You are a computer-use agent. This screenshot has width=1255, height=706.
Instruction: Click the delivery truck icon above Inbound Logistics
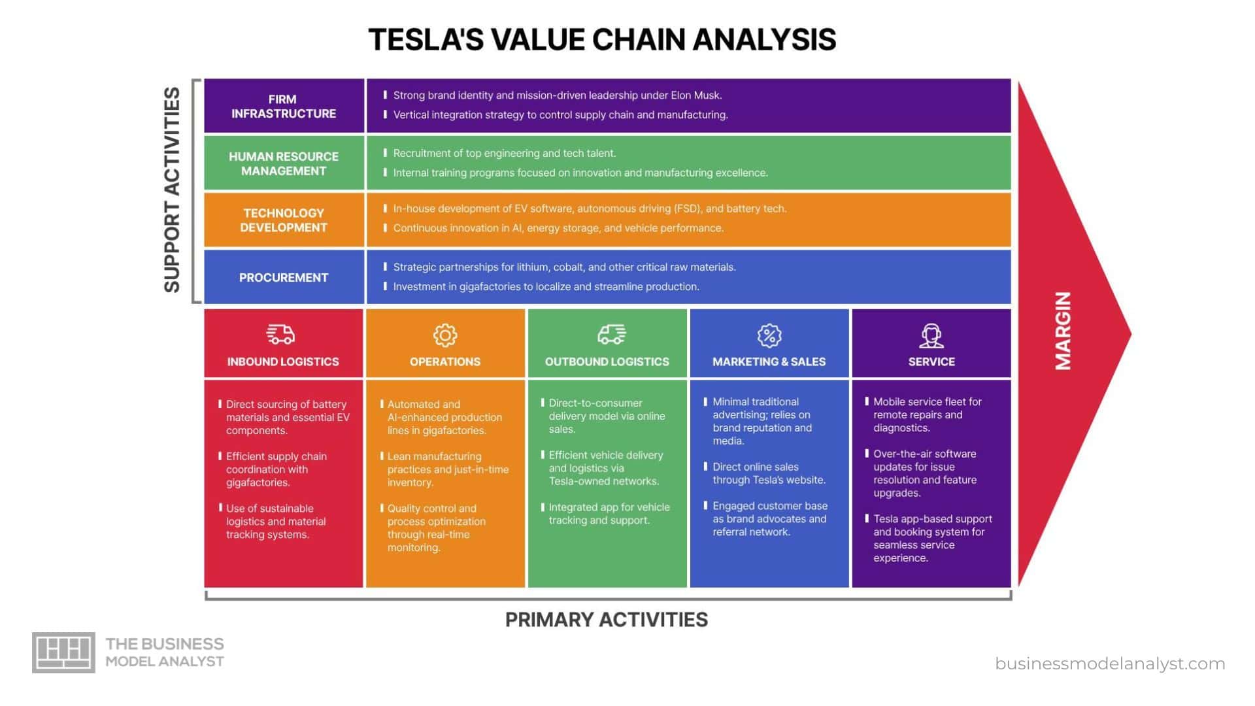[280, 335]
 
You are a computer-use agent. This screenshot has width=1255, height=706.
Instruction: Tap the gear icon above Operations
[445, 335]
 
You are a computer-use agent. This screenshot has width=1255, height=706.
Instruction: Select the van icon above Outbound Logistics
[611, 335]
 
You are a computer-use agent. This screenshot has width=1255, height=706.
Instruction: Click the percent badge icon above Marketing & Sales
[769, 335]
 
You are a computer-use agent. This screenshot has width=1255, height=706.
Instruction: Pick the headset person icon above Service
[931, 336]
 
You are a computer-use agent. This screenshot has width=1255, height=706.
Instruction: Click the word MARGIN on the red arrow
[1063, 331]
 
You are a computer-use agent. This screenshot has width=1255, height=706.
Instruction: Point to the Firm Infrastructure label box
[284, 107]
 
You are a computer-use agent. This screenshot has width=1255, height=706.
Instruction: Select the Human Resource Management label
[284, 163]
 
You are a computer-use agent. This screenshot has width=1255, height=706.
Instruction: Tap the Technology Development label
[284, 220]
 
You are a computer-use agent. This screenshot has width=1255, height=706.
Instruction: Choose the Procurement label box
[284, 277]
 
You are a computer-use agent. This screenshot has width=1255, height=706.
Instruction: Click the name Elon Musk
[696, 95]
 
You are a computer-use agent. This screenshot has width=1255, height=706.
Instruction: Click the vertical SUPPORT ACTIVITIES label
[172, 190]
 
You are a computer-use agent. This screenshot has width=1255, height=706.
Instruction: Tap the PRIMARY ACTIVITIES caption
[606, 620]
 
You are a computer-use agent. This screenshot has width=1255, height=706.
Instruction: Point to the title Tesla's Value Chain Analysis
[602, 39]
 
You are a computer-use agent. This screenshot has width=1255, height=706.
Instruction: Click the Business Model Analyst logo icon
[63, 652]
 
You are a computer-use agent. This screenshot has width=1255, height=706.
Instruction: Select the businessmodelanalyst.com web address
[1110, 664]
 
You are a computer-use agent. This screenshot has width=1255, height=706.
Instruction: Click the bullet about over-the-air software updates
[924, 473]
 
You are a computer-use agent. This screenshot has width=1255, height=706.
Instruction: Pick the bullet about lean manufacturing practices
[447, 469]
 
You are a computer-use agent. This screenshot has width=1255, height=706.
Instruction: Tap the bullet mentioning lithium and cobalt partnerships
[564, 267]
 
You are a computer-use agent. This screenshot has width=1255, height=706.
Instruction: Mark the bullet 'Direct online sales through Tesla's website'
[769, 473]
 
